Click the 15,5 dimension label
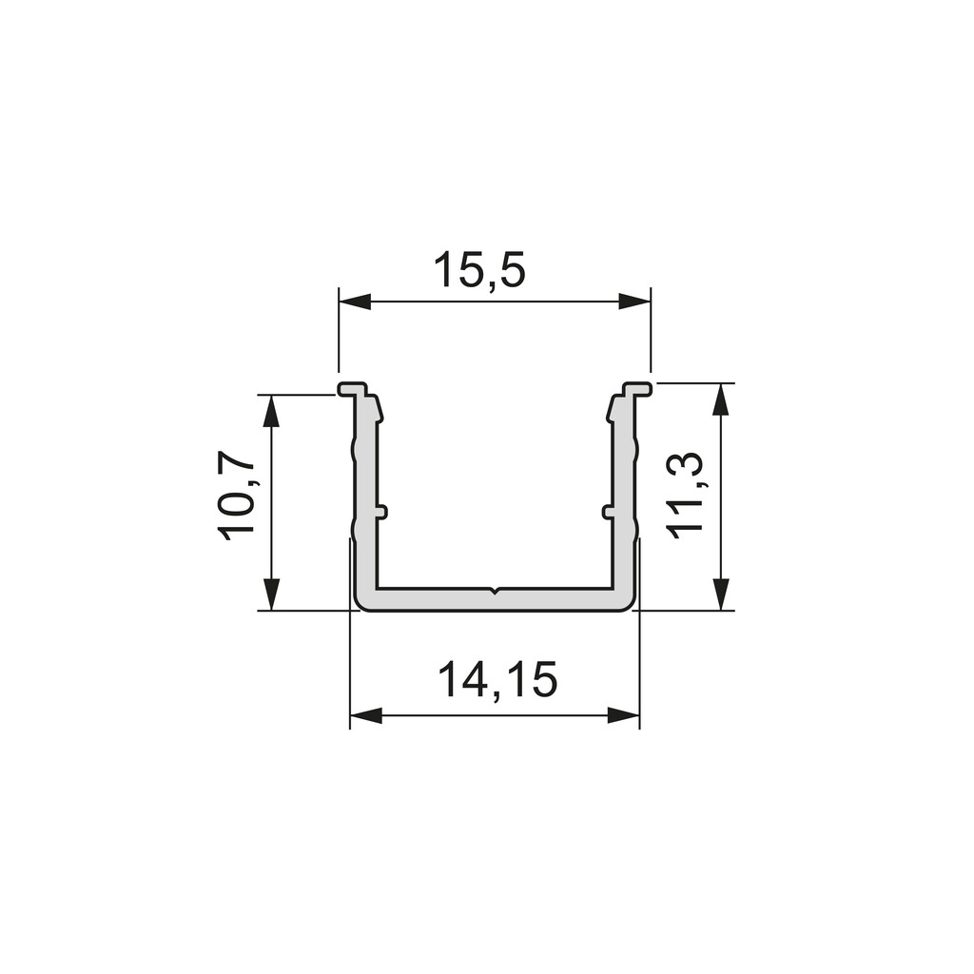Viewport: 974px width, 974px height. [x=479, y=271]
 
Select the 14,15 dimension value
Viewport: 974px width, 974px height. [x=497, y=680]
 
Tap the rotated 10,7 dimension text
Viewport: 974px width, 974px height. [x=236, y=496]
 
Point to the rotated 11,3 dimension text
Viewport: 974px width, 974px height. [x=685, y=495]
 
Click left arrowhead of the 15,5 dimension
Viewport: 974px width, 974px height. [x=355, y=302]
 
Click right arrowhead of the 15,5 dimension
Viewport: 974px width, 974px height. [x=634, y=302]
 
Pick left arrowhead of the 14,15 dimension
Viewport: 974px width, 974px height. [x=366, y=715]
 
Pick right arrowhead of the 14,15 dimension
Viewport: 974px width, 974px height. [x=623, y=715]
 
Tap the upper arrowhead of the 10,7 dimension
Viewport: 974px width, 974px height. [x=272, y=410]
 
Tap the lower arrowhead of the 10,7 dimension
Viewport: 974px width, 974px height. [x=272, y=594]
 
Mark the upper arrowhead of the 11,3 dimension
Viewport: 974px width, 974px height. [x=721, y=399]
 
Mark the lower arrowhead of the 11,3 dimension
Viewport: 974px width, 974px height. [x=721, y=594]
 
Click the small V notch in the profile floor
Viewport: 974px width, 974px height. [x=495, y=592]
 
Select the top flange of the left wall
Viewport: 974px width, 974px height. [x=353, y=389]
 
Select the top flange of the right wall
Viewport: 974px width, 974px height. [x=637, y=389]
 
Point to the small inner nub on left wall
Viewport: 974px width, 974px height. [x=382, y=512]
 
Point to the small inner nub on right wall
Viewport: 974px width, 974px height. [x=607, y=512]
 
